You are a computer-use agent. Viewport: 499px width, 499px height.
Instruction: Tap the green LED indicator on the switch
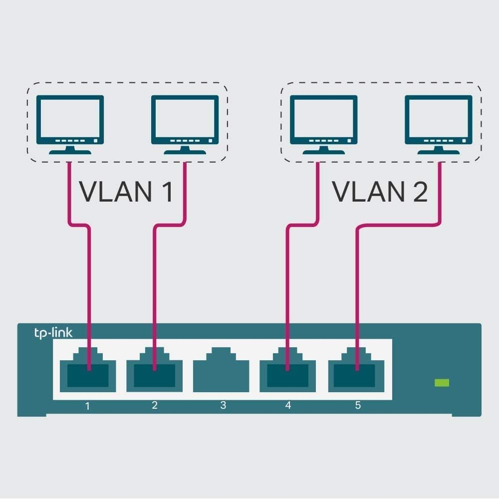tap(442, 383)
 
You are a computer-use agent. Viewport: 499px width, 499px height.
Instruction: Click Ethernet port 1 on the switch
tap(88, 372)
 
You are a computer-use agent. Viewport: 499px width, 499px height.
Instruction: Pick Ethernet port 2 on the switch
tap(154, 372)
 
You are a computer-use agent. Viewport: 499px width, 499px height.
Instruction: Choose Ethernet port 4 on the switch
tap(287, 372)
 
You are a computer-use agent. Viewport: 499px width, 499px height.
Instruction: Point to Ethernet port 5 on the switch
tap(356, 372)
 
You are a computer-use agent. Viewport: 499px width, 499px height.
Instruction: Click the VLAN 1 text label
tap(126, 192)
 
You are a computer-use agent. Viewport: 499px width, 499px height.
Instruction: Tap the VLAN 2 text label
tap(380, 192)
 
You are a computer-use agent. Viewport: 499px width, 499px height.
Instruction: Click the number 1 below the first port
tap(88, 406)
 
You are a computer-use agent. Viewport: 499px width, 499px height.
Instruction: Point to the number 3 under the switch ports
tap(223, 405)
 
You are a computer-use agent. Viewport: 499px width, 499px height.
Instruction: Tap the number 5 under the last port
tap(358, 405)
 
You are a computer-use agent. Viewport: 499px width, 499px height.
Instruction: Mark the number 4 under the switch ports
tap(288, 405)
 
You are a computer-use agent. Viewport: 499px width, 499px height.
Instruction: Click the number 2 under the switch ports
tap(155, 405)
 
